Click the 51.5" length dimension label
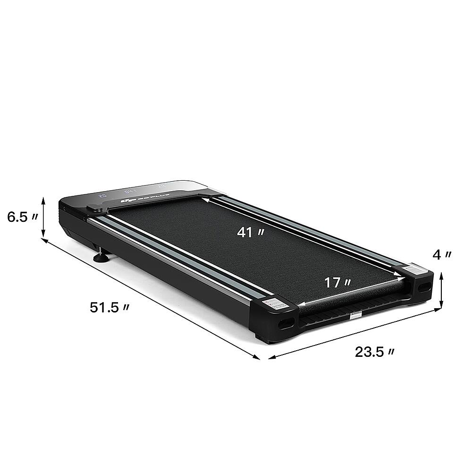pos(110,308)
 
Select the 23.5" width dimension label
pos(375,352)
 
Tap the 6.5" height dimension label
pos(22,218)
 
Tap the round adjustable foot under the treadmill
pos(101,257)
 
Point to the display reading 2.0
pos(102,194)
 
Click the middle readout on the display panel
pos(130,191)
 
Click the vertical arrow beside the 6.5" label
pos(44,218)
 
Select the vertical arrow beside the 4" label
pos(441,290)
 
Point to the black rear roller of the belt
pos(354,302)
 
